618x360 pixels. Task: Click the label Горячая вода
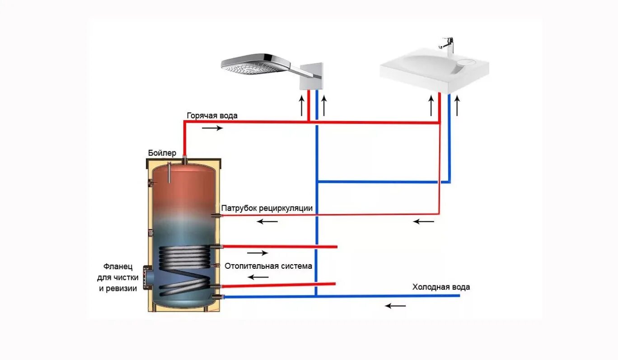click(x=212, y=116)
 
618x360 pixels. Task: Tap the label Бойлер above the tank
click(x=162, y=153)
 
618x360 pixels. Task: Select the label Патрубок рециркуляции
click(x=267, y=208)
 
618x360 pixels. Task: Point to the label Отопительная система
click(x=268, y=266)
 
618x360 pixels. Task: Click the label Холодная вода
click(x=441, y=287)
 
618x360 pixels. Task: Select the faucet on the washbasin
click(x=448, y=45)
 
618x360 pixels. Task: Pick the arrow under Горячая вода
click(x=212, y=128)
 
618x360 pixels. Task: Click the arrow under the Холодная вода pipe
click(x=395, y=306)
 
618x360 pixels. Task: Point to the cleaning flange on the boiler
click(x=147, y=276)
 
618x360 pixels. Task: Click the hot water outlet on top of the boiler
click(x=184, y=159)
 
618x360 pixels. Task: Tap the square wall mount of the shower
click(x=312, y=76)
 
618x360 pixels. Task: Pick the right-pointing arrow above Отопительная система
click(x=257, y=253)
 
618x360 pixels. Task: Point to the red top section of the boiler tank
click(x=183, y=185)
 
